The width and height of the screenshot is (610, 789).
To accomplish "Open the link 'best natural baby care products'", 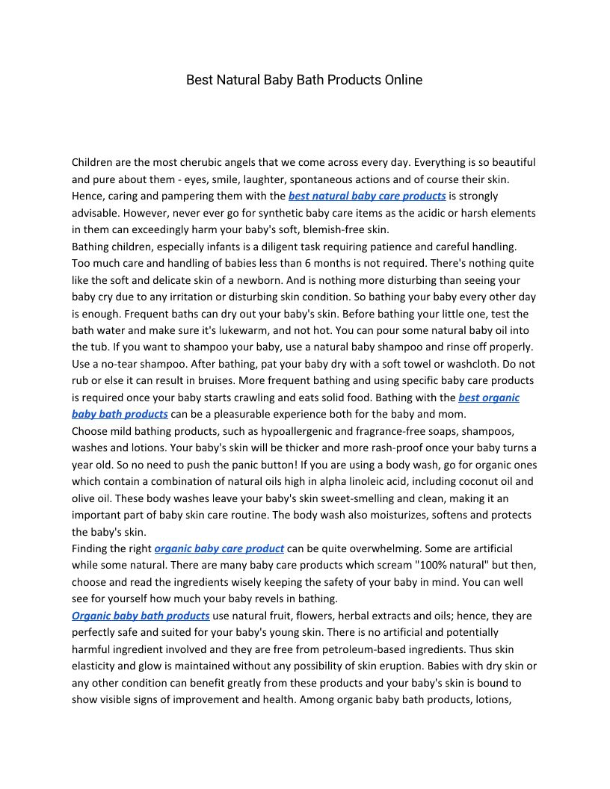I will click(367, 196).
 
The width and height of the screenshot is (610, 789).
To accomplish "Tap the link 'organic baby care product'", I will click(219, 548).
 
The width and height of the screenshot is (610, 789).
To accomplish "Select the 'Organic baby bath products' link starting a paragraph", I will click(141, 616).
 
